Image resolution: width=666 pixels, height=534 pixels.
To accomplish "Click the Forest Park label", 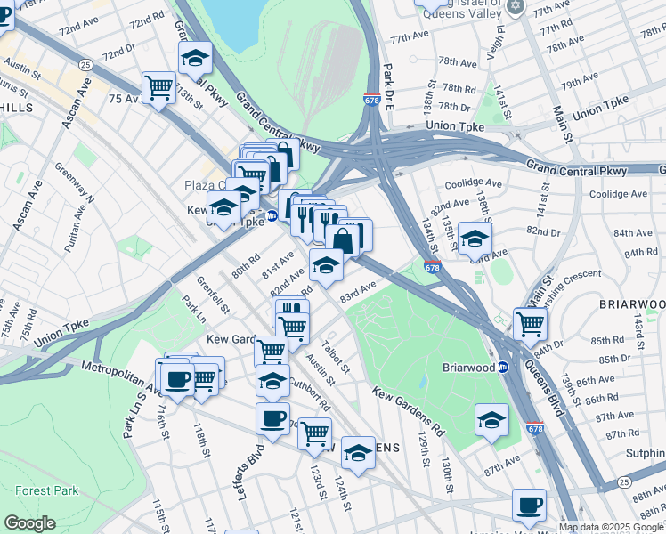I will [46, 490].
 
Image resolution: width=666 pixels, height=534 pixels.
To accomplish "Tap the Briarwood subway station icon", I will [503, 368].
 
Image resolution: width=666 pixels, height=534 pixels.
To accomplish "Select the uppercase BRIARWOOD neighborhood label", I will [631, 304].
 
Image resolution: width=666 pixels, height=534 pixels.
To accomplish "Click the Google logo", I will [29, 523].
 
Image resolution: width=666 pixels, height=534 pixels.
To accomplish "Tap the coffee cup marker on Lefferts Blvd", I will [272, 418].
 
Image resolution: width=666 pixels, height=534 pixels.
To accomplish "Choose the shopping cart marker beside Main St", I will [530, 323].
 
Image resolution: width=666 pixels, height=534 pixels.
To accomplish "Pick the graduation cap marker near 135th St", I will [475, 239].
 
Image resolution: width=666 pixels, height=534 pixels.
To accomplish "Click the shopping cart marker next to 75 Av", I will [158, 87].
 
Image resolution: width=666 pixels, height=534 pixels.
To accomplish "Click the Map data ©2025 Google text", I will [611, 527].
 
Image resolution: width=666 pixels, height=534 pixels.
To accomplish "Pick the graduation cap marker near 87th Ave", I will [491, 420].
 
